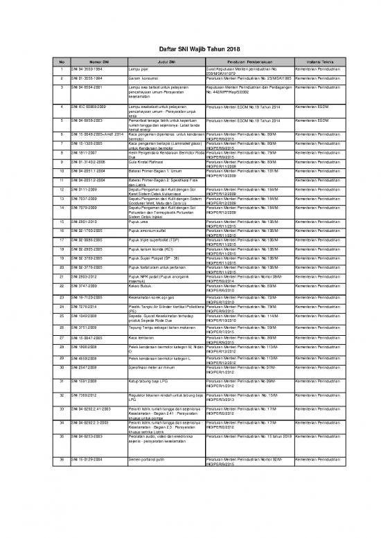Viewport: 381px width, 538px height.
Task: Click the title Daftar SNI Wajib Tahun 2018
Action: tap(190, 50)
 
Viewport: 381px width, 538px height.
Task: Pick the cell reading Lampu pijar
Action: tap(139, 70)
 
